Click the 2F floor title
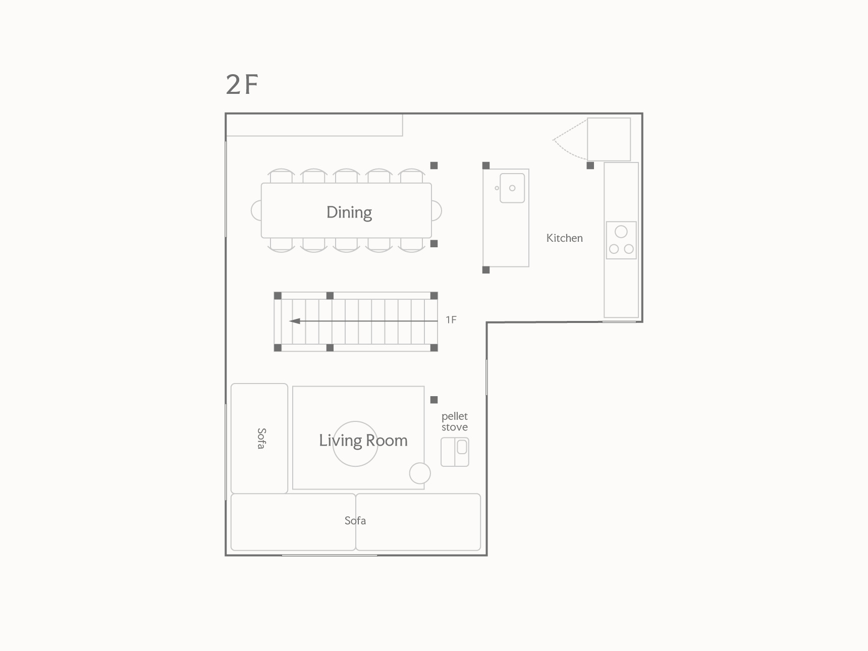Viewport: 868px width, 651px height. click(242, 84)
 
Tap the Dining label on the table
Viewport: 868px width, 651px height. click(349, 212)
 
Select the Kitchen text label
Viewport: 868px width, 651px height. click(564, 238)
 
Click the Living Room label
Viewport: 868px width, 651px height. click(363, 441)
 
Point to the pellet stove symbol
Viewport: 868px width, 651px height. click(455, 452)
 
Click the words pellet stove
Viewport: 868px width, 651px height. click(455, 421)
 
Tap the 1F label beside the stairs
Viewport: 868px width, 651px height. click(451, 319)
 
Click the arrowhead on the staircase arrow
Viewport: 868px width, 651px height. click(295, 321)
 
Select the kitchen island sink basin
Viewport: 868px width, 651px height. click(512, 188)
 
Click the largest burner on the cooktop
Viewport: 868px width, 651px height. click(621, 232)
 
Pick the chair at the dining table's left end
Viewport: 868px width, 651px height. click(256, 210)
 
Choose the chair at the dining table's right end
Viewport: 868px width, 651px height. click(437, 210)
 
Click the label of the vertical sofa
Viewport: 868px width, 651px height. click(261, 439)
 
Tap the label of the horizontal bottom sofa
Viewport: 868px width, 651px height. click(355, 521)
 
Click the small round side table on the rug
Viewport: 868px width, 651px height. click(420, 473)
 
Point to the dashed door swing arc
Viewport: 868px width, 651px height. click(569, 140)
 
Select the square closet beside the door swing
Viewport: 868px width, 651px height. click(609, 139)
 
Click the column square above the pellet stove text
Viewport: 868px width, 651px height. click(434, 400)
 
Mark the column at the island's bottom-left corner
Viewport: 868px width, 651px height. click(486, 270)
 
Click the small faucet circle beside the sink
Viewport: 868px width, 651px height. click(497, 188)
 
